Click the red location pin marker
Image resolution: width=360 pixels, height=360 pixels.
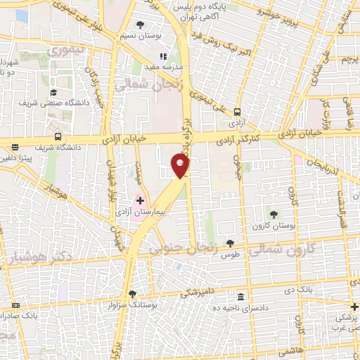(181, 167)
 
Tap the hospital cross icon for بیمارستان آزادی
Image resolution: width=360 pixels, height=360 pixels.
(139, 200)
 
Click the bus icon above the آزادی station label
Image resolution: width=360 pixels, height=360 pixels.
(236, 111)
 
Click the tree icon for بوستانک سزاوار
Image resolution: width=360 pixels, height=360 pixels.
(132, 294)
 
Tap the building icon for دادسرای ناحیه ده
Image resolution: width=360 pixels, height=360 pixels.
(241, 296)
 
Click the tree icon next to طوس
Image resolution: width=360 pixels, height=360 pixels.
(230, 243)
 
